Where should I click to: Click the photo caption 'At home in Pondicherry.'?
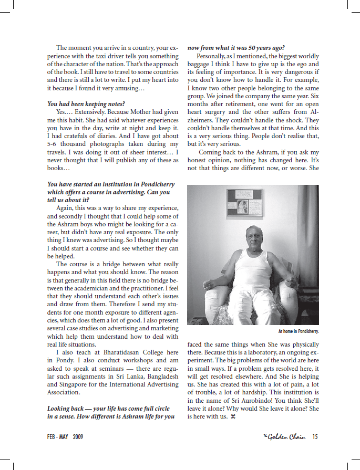click(x=299, y=332)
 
